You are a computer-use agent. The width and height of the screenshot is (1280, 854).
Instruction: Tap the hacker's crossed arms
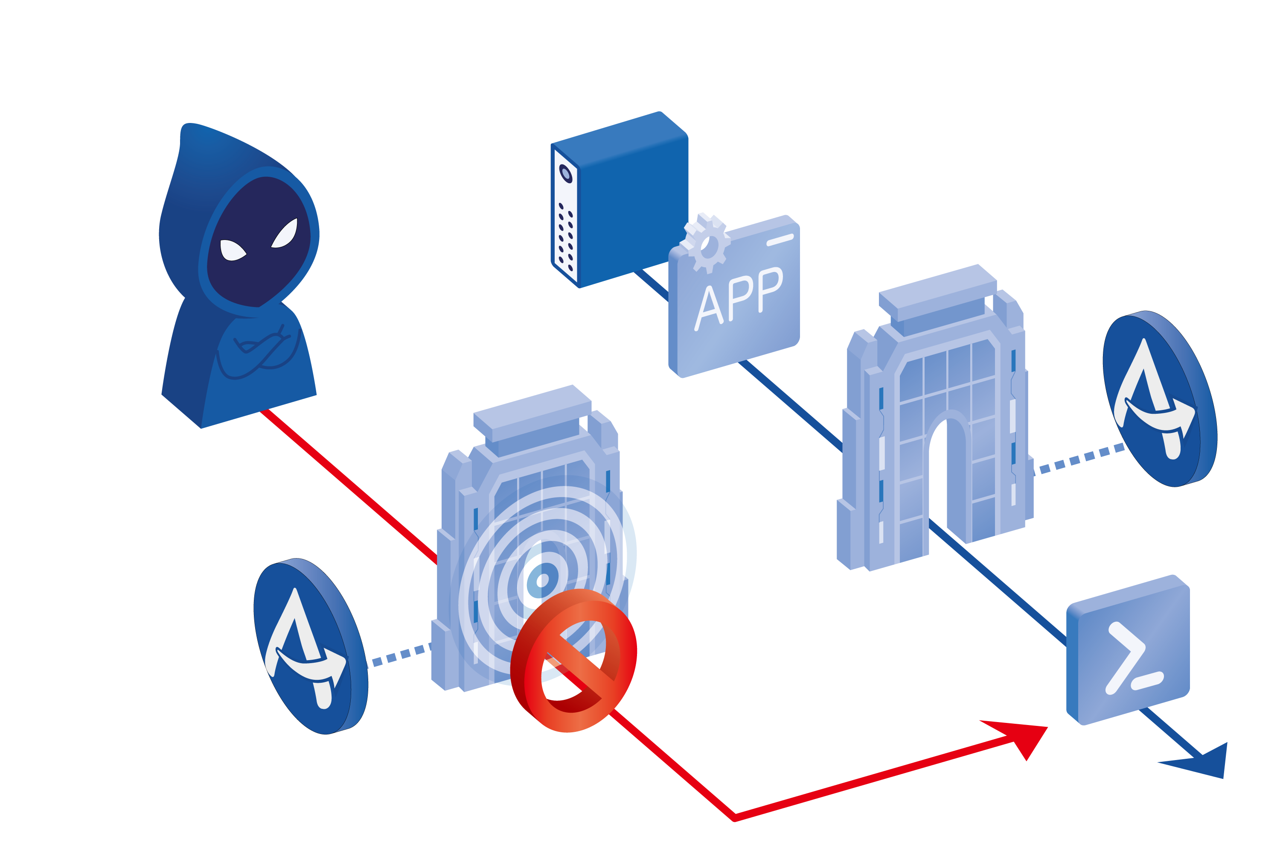point(261,351)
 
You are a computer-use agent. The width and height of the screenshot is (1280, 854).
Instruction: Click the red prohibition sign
point(573,660)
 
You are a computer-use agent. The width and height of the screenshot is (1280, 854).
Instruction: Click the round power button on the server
point(566,174)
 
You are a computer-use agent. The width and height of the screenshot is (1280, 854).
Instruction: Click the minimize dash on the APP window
point(780,240)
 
